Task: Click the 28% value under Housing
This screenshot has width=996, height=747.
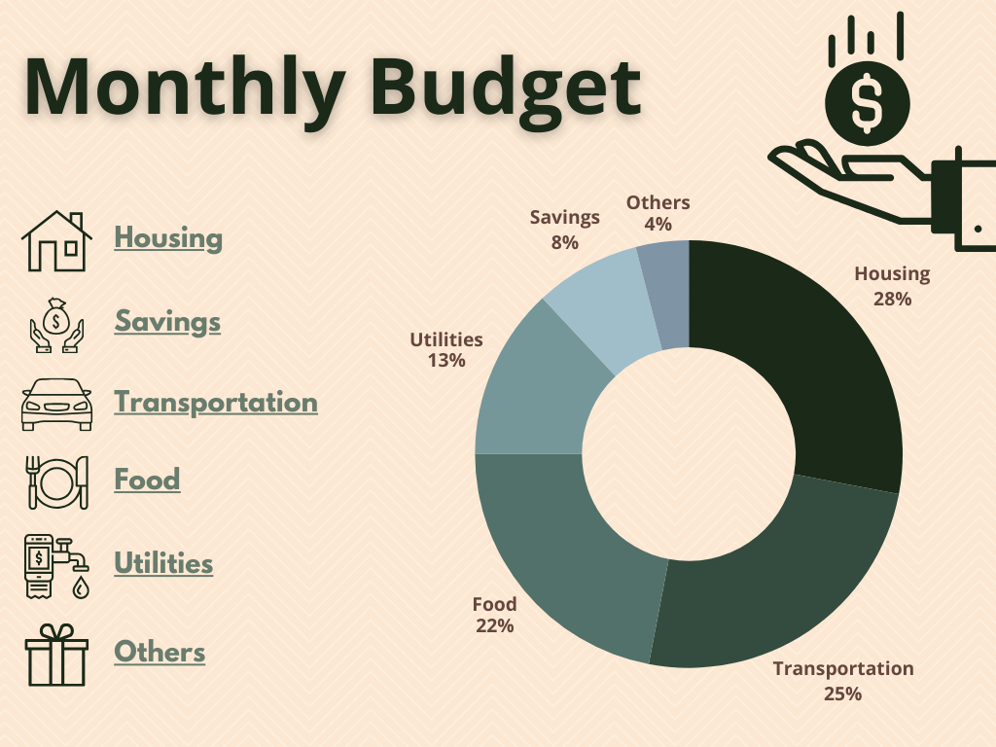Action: [x=892, y=300]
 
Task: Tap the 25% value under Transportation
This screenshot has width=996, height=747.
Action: [x=842, y=694]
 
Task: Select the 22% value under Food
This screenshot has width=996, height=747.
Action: [x=494, y=626]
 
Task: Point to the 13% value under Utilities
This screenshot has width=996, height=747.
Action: [x=445, y=361]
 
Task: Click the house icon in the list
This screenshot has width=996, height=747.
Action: [x=56, y=241]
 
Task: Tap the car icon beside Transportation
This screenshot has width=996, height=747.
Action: [x=56, y=404]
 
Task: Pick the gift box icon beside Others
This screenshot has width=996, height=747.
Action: [x=56, y=655]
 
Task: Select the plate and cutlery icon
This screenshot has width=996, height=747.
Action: [x=56, y=481]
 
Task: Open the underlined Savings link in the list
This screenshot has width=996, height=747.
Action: [x=167, y=321]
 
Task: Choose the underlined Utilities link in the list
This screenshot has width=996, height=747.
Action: [x=163, y=563]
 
